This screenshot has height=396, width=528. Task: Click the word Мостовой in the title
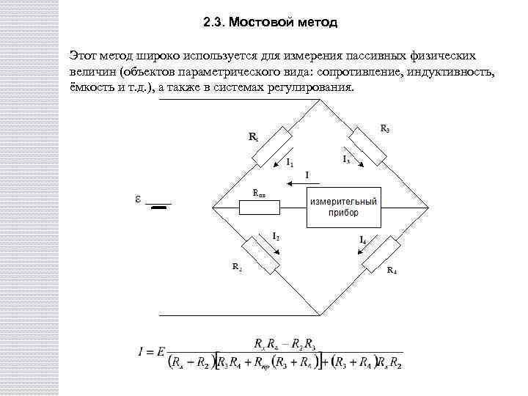pos(261,22)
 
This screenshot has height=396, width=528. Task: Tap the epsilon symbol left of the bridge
pos(138,199)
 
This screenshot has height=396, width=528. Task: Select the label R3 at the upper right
pos(386,128)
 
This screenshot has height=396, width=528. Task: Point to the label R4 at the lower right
pos(392,271)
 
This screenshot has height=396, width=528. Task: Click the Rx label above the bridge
pos(253,137)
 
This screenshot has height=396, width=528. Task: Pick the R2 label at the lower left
pos(237,267)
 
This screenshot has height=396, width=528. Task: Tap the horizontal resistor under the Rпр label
pos(260,208)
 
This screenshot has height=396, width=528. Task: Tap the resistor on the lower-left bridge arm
pos(261,254)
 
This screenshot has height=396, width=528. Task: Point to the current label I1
pos(290,161)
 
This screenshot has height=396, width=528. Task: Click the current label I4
pos(364,240)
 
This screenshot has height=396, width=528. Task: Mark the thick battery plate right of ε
pos(159,207)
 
